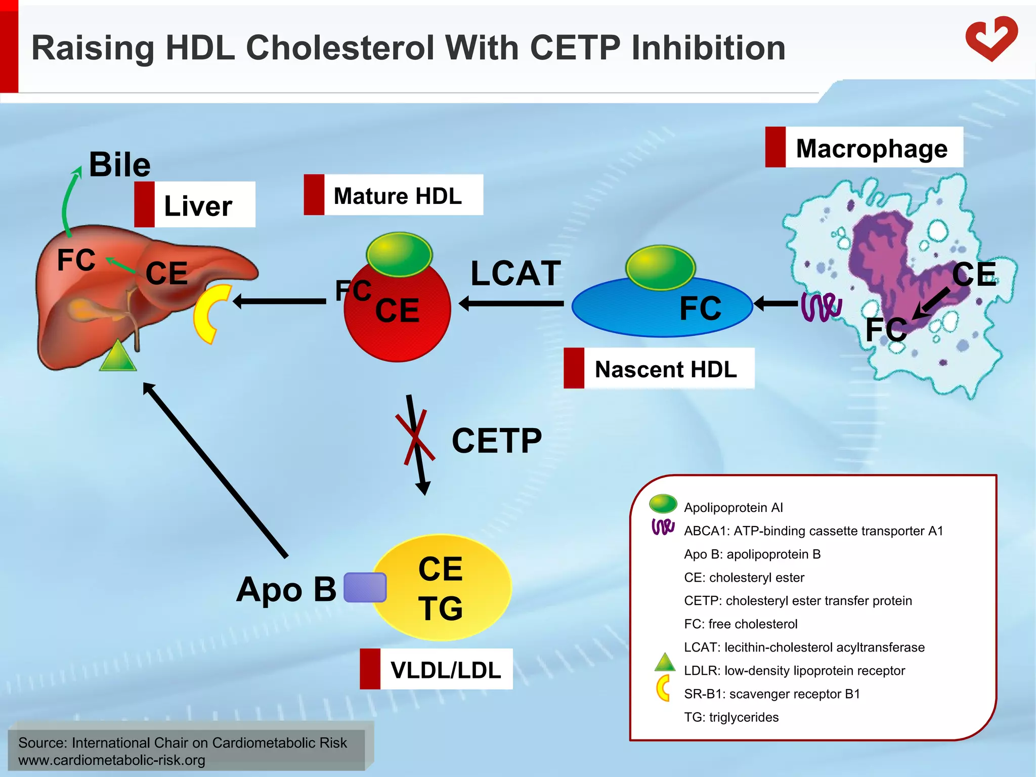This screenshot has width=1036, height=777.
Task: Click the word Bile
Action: coord(120,164)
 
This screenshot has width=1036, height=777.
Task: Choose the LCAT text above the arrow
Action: coord(515,273)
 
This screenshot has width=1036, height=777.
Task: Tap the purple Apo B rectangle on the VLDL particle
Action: coord(365,587)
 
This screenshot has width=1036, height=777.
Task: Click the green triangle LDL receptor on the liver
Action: coord(118,357)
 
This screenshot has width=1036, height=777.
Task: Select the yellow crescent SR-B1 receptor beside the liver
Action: coord(208,314)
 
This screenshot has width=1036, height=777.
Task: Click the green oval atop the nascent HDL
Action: coord(660,267)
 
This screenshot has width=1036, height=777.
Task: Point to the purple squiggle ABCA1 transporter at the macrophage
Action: coord(821,307)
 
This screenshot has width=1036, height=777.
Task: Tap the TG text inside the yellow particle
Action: coord(440,608)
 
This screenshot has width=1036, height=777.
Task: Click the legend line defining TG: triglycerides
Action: coord(731,717)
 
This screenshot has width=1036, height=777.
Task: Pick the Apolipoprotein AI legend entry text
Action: coord(733,507)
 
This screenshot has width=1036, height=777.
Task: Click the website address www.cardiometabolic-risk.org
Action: coord(112,760)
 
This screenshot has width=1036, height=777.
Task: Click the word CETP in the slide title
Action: coord(575,48)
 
